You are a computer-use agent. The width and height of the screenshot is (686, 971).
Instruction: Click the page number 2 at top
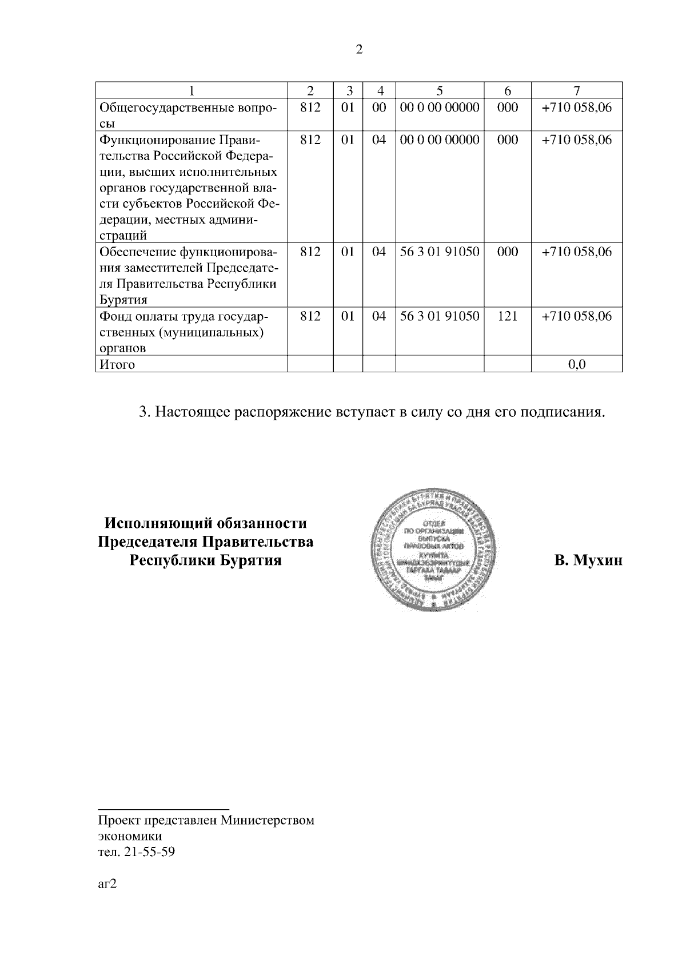tap(359, 50)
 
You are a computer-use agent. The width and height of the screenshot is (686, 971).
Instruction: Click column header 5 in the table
tap(439, 90)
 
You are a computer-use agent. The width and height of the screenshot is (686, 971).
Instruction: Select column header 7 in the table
tap(577, 90)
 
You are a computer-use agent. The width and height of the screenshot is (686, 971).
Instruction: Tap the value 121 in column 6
tap(507, 316)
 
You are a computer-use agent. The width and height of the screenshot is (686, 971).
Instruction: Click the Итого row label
tap(117, 364)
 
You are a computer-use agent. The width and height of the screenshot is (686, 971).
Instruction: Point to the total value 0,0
tap(577, 364)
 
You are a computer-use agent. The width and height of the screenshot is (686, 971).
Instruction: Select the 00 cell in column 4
tap(378, 108)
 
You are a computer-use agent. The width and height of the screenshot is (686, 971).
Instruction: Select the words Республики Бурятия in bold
tap(206, 560)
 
